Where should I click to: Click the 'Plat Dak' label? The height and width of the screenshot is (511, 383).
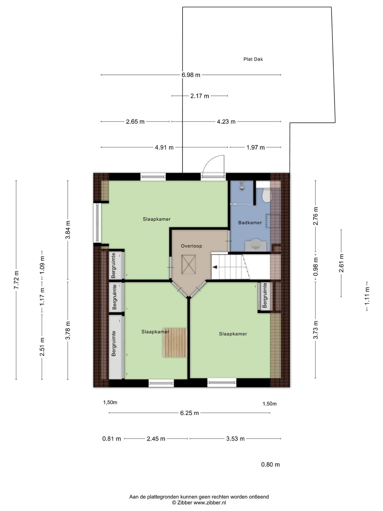click(253, 59)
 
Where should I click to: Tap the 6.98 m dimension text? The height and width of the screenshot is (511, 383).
click(191, 75)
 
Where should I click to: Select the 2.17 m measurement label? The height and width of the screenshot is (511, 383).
click(199, 96)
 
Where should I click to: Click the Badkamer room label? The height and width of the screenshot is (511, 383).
click(250, 223)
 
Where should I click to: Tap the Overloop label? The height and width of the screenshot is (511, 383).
click(191, 246)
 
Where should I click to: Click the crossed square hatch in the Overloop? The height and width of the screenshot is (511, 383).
click(189, 264)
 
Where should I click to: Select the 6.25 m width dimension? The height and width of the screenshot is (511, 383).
click(190, 413)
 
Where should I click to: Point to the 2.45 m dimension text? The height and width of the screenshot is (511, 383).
click(156, 439)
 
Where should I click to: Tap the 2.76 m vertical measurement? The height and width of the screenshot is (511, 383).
click(316, 216)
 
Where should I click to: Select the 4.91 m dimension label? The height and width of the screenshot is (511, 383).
click(164, 147)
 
